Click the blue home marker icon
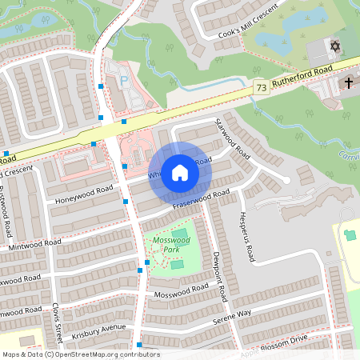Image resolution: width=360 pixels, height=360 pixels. [180, 173]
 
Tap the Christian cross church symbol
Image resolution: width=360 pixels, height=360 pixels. [349, 82]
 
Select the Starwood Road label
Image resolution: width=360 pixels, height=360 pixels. [233, 138]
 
